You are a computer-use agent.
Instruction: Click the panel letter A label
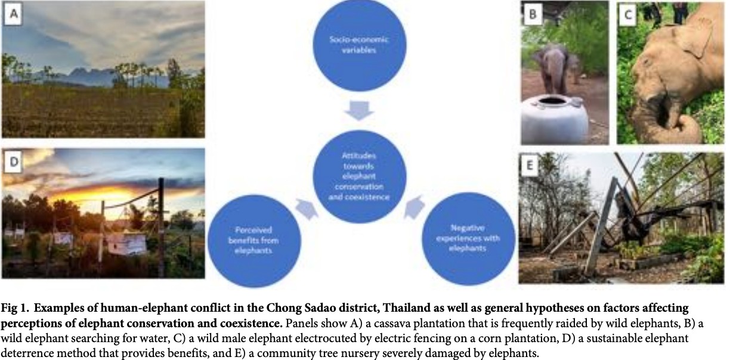click(13, 14)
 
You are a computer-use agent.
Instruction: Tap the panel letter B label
click(533, 14)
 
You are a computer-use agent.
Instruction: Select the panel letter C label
click(628, 15)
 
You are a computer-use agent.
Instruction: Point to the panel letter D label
click(13, 162)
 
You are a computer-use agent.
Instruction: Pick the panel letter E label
click(530, 166)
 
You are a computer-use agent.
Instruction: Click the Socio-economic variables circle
click(359, 45)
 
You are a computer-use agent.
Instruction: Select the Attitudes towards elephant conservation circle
click(359, 176)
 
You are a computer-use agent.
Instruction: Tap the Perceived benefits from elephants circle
click(254, 241)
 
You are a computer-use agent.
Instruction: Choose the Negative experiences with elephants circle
click(468, 238)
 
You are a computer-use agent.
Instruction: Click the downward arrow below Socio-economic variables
click(359, 111)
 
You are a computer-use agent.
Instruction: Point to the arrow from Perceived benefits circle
click(307, 209)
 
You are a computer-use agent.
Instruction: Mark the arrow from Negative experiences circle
click(414, 207)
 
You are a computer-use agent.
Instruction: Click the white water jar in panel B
click(555, 120)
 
